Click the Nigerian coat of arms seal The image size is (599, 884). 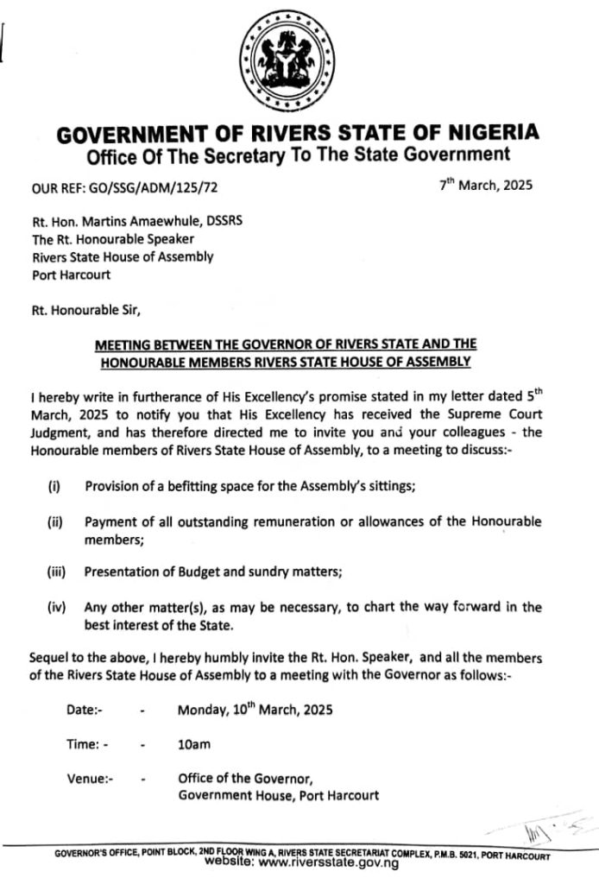286,61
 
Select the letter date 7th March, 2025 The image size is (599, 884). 485,185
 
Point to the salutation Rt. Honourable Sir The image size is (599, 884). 85,309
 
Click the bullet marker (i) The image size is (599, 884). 54,486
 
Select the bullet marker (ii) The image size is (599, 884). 54,522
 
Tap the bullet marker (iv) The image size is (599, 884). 56,608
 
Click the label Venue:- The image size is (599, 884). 90,779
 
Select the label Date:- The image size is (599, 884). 85,710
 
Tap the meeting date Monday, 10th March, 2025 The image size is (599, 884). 255,710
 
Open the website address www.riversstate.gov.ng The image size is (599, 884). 328,862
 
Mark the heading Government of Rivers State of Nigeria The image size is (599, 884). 298,134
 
